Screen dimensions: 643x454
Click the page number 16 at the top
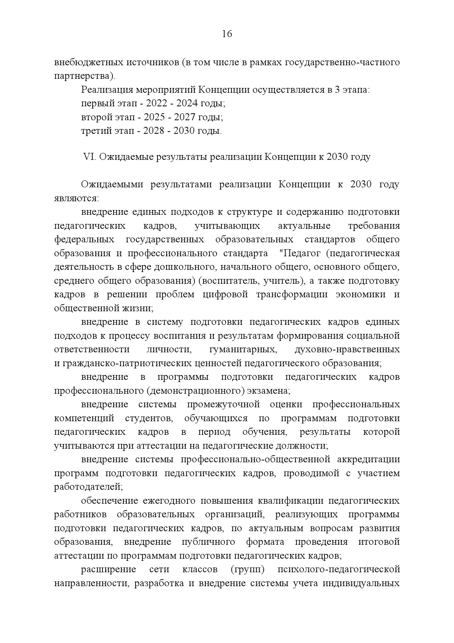click(x=227, y=34)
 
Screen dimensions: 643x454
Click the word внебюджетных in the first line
click(x=88, y=62)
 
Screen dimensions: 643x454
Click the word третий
click(x=94, y=131)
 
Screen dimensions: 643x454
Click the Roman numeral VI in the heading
click(x=89, y=157)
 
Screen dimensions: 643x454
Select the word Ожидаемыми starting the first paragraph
click(x=112, y=184)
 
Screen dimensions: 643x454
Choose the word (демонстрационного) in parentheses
click(x=196, y=391)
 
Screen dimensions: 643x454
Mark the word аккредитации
click(x=368, y=460)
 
